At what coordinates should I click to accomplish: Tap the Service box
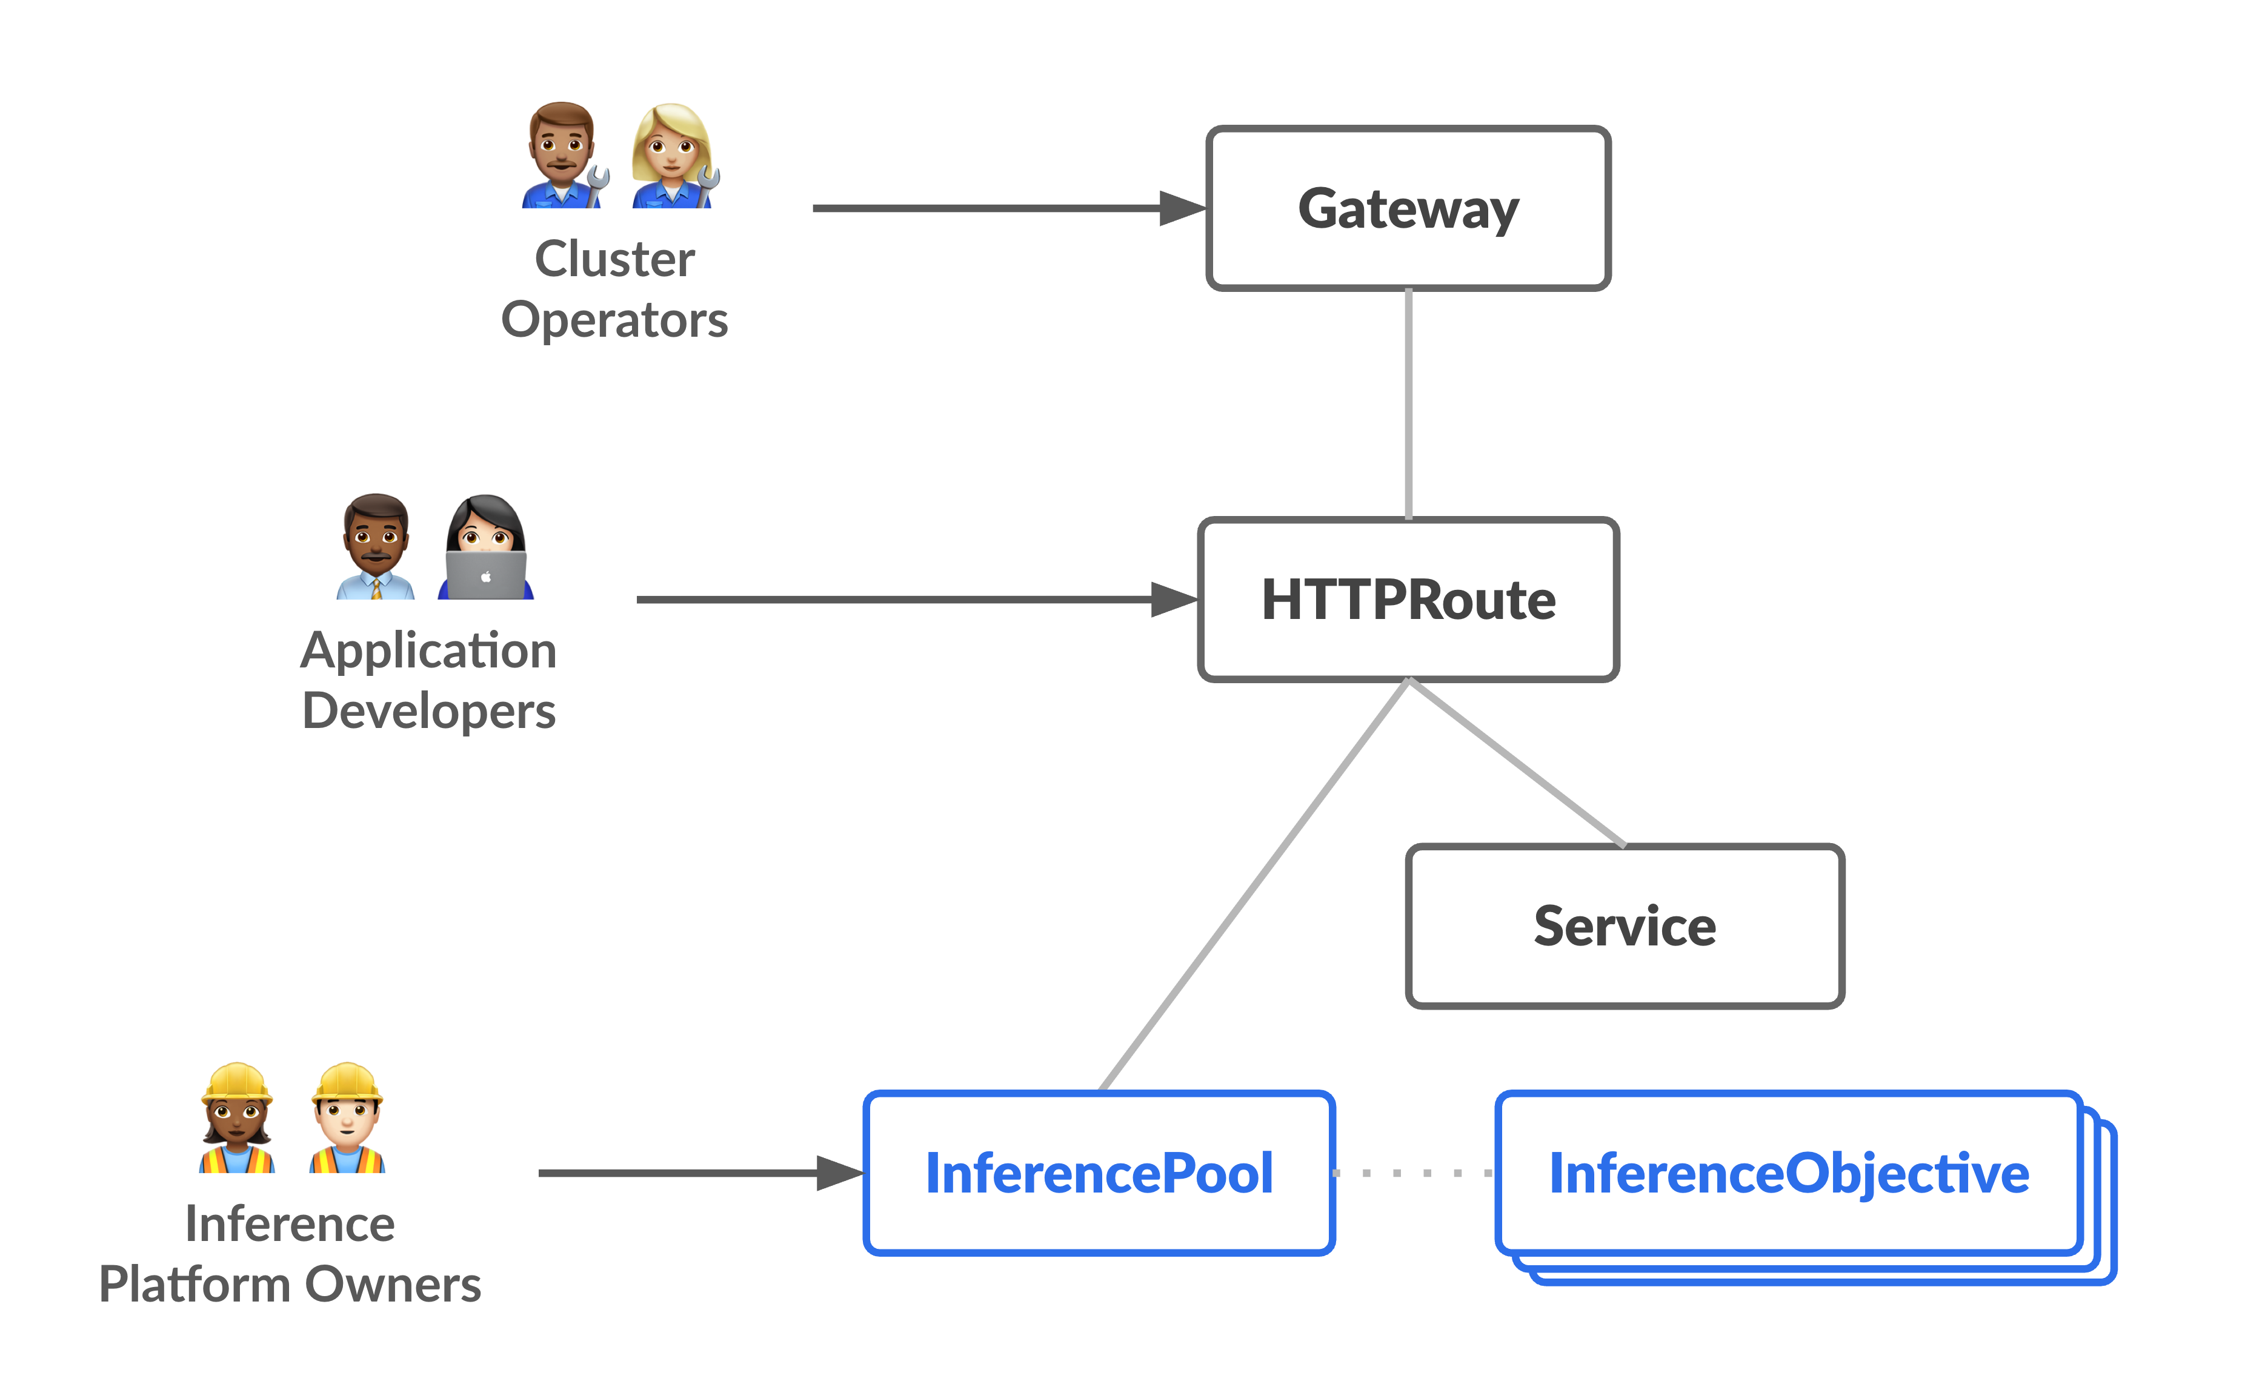coord(1624,926)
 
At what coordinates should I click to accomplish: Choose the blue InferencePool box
coord(1099,1173)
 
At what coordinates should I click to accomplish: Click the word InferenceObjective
coord(1788,1173)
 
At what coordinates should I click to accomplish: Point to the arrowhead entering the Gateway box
coord(1182,208)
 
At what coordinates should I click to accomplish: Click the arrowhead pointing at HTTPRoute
coord(1174,600)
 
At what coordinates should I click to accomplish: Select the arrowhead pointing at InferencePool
coord(839,1173)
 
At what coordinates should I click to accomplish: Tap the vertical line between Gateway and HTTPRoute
coord(1408,405)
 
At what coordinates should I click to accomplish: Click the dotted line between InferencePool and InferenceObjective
coord(1414,1173)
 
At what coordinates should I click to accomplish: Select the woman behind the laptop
coord(485,548)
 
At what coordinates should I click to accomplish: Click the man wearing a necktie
coord(375,548)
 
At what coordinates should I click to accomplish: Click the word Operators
coord(614,320)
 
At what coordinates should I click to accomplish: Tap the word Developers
coord(428,711)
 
